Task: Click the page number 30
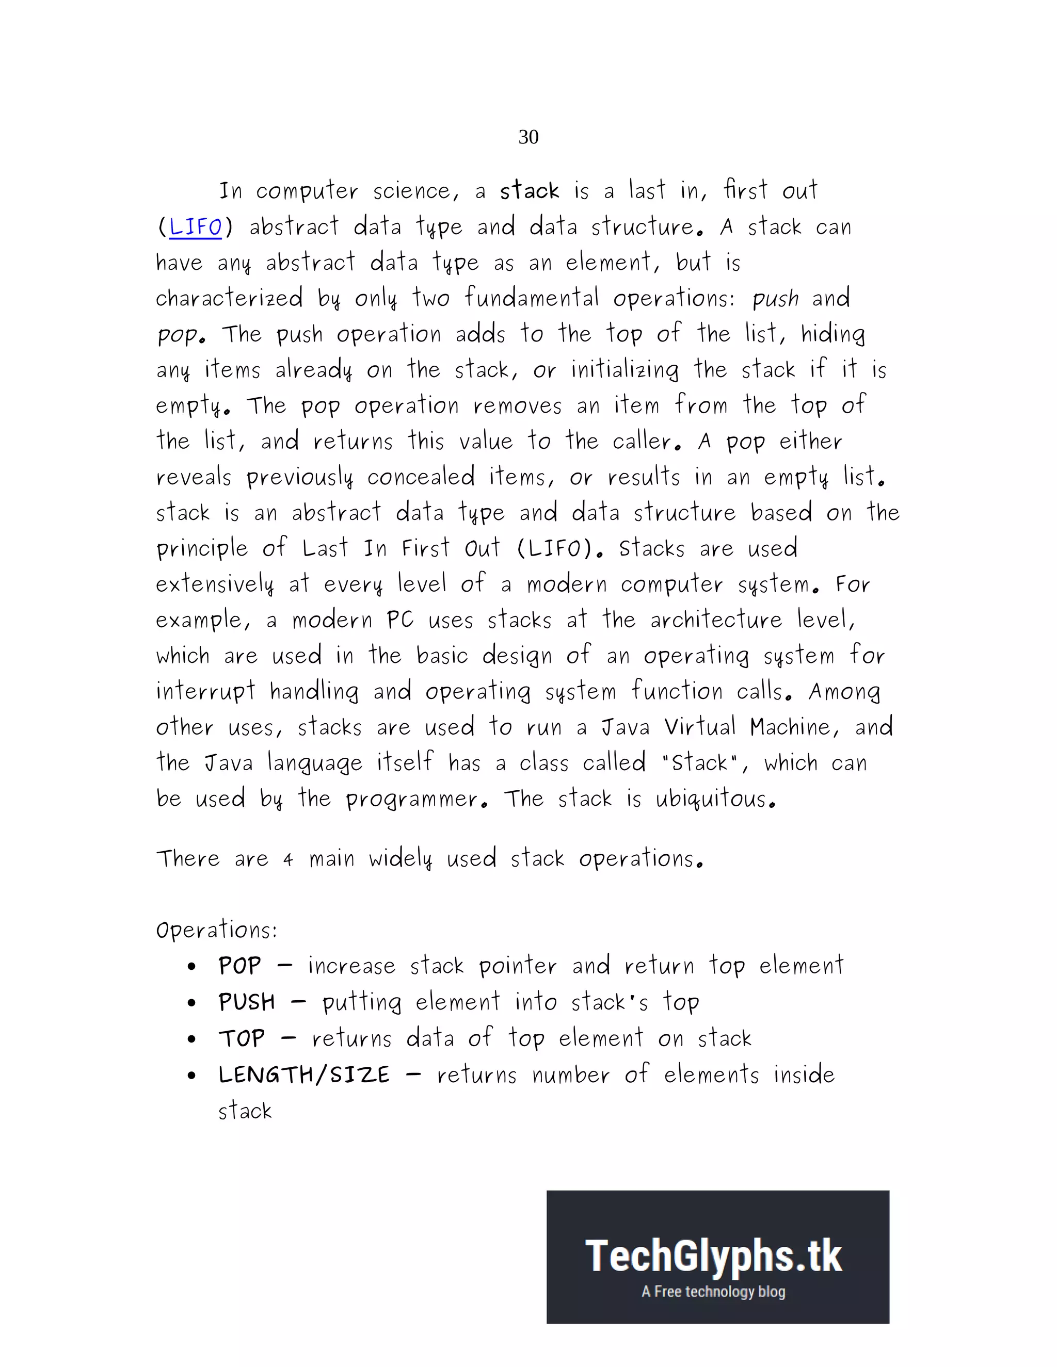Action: pos(528,137)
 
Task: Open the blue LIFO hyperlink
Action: pos(196,226)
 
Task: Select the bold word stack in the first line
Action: pos(529,190)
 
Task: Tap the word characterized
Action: pos(229,299)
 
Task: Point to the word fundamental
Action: pos(532,298)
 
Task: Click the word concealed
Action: pos(420,477)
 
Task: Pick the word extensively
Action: pos(215,584)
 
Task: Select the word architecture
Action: pos(716,620)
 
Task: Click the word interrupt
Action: pos(205,692)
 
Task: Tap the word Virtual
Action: pos(699,727)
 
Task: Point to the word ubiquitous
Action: pos(715,799)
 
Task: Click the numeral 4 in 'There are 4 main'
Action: pos(288,860)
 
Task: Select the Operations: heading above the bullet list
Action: pos(216,930)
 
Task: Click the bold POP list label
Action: pos(239,966)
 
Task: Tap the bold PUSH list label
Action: pos(247,1002)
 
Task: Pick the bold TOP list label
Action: pos(242,1038)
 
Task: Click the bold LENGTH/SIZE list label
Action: pos(303,1075)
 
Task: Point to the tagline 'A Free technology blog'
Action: pos(713,1291)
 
